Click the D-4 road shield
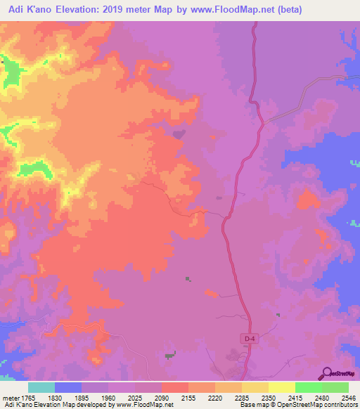coord(248,339)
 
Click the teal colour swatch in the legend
coord(41,387)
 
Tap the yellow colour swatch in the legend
coord(282,387)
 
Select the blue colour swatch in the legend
coord(68,387)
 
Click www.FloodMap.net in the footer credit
coord(146,405)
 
